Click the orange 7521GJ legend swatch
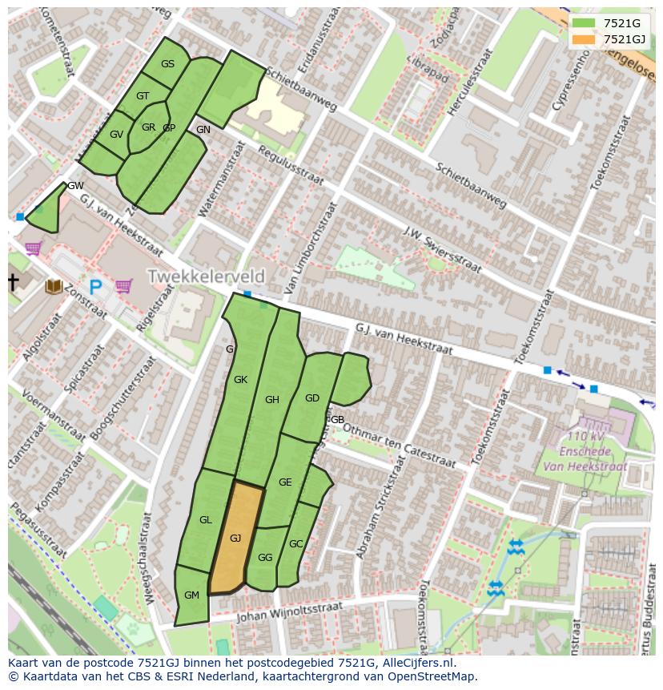coord(585,39)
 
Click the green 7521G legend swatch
coord(585,23)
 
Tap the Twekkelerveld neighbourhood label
coord(205,276)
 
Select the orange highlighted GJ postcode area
coord(236,538)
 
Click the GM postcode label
coord(191,595)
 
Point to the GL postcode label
coord(206,520)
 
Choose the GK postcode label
coord(240,380)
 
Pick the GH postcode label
coord(272,400)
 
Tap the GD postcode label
coord(312,398)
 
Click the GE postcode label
coord(285,482)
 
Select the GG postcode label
coord(265,558)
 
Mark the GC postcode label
coord(296,544)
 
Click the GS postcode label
coord(167,64)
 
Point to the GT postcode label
coord(143,96)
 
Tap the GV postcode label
coord(117,135)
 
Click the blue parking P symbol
coord(96,287)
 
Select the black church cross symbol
coord(13,282)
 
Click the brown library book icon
coord(54,286)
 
